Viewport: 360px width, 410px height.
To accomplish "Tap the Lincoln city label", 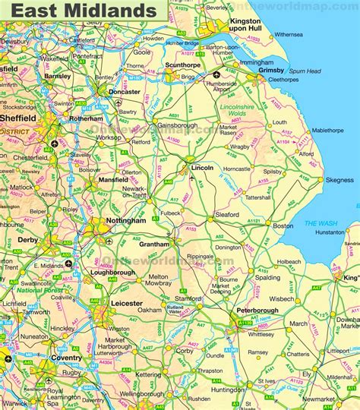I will [x=201, y=166].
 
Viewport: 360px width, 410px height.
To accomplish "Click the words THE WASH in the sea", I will [x=316, y=222].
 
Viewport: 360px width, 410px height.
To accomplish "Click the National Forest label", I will [x=41, y=290].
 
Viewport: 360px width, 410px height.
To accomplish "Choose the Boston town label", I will [x=283, y=225].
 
